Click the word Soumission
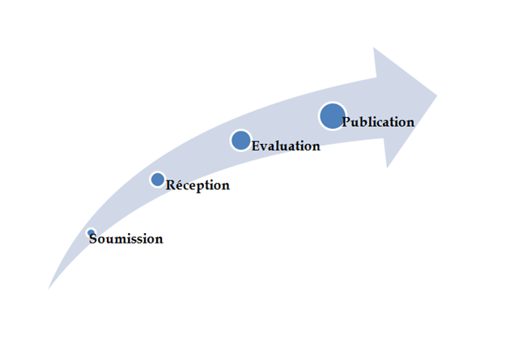(x=126, y=239)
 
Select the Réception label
(x=198, y=185)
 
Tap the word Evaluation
(x=286, y=146)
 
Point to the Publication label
(x=378, y=121)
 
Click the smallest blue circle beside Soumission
(x=91, y=233)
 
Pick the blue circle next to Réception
(x=158, y=180)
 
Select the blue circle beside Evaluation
(x=241, y=141)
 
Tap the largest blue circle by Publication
(x=333, y=116)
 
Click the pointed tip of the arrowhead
(x=437, y=95)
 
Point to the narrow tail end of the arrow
(x=49, y=289)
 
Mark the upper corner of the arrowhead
(x=373, y=48)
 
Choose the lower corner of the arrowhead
(x=387, y=167)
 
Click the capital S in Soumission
(x=93, y=239)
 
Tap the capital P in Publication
(x=346, y=121)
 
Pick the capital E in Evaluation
(x=256, y=146)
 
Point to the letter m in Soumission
(x=119, y=240)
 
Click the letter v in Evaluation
(x=265, y=147)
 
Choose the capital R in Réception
(x=170, y=185)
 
